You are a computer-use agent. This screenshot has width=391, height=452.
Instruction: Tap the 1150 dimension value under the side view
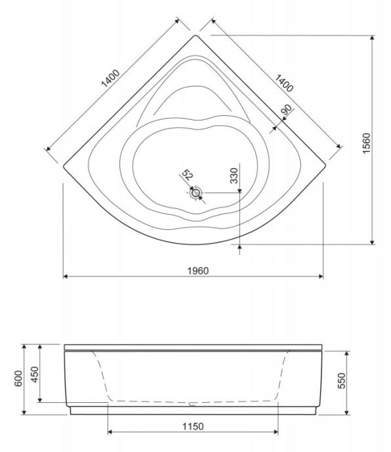(x=192, y=426)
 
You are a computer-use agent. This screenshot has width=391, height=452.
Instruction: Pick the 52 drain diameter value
(x=187, y=176)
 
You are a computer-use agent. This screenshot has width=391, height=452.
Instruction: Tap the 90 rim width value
(x=286, y=111)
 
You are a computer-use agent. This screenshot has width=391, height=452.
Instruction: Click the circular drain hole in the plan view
(x=196, y=193)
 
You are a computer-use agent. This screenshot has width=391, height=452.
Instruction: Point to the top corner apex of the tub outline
(x=195, y=36)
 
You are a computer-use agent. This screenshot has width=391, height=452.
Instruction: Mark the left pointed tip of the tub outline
(x=64, y=165)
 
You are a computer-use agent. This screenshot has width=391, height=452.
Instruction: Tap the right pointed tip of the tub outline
(x=326, y=165)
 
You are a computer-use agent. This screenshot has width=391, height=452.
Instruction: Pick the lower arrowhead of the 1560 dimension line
(x=372, y=242)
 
